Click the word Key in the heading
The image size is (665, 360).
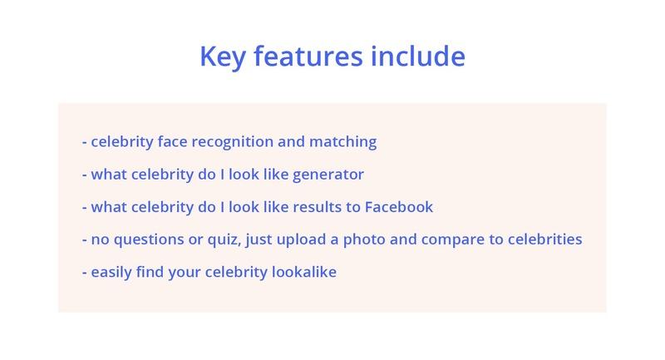223,57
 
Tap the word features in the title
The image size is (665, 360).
308,56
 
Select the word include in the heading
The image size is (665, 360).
418,56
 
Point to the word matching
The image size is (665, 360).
342,142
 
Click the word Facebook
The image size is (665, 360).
399,207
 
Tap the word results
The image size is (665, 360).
318,207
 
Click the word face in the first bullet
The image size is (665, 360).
172,142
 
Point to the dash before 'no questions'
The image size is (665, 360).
85,240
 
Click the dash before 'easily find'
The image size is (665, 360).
85,273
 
